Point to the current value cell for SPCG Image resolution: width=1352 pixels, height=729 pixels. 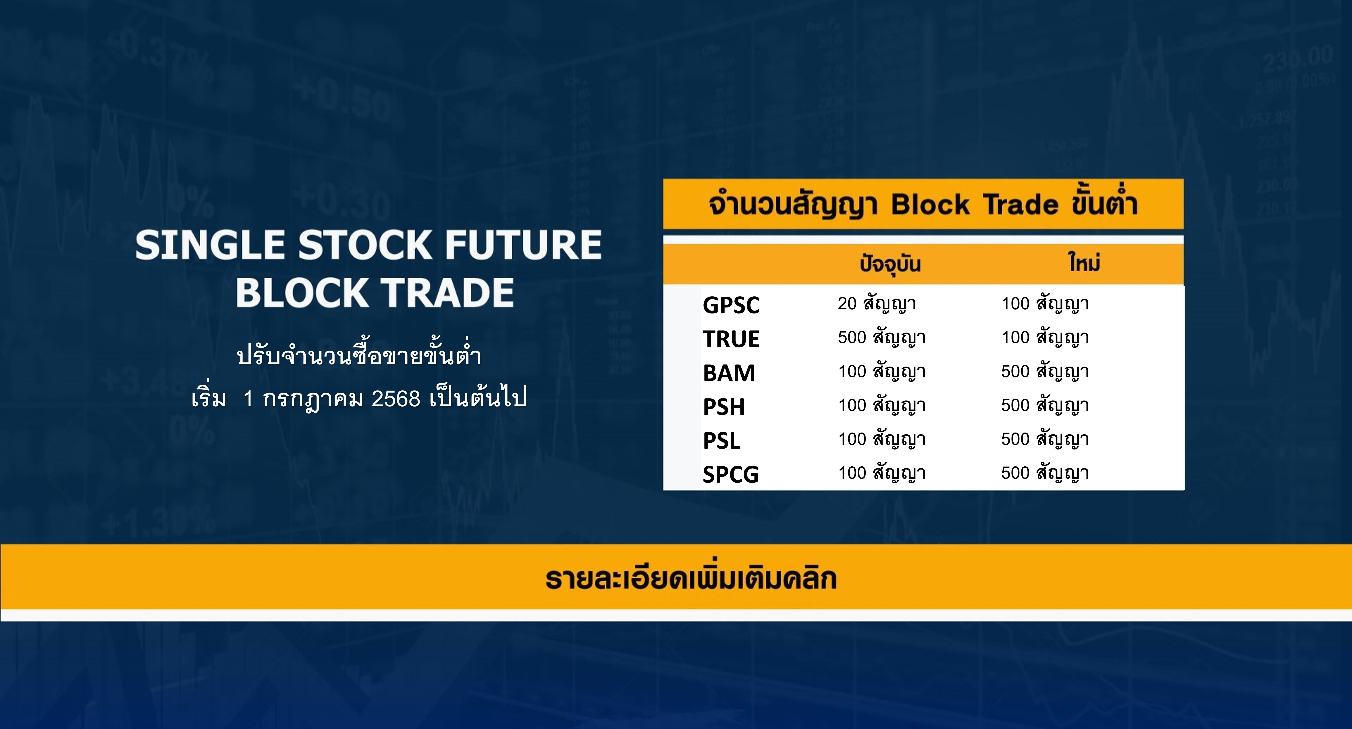coord(882,473)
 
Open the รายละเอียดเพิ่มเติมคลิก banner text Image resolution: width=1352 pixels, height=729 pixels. coord(691,578)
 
